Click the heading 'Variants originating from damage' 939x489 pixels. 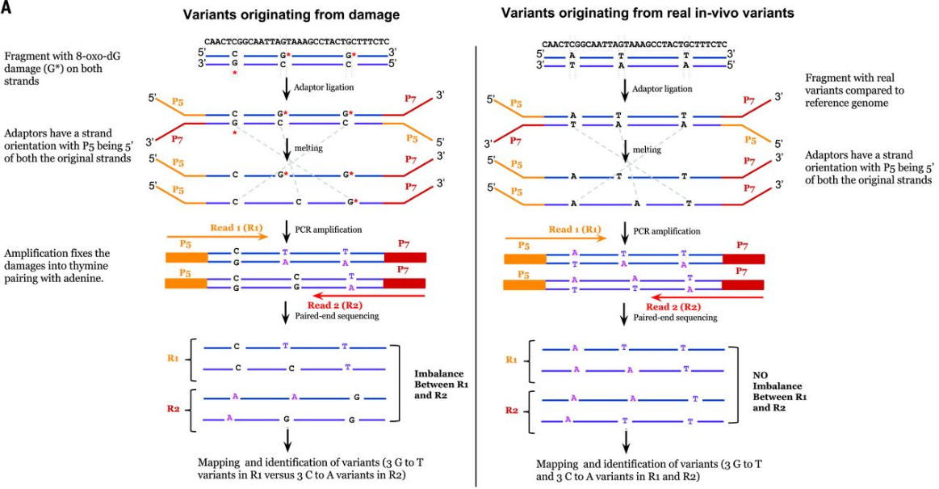click(291, 15)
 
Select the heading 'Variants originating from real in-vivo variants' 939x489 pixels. click(645, 13)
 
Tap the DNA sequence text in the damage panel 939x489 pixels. click(296, 40)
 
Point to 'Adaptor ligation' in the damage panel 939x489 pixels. click(324, 86)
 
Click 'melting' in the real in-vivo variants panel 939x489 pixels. click(647, 150)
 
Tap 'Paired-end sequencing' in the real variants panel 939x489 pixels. click(675, 317)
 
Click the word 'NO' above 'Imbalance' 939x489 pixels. click(761, 374)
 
